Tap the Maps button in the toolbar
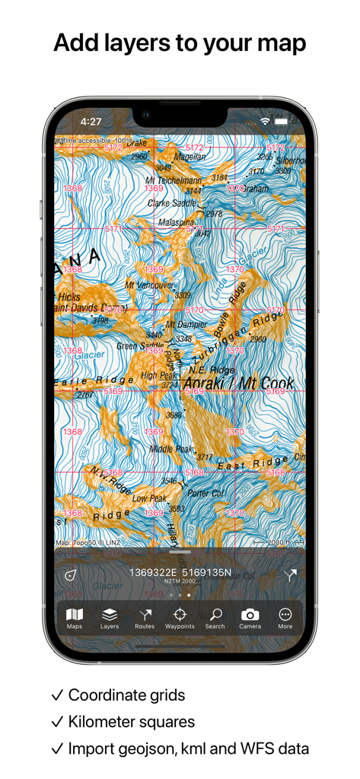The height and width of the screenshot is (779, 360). [x=75, y=617]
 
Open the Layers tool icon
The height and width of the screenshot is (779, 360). [x=110, y=617]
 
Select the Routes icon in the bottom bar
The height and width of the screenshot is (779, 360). [x=145, y=617]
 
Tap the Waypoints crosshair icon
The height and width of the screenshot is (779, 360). [x=180, y=617]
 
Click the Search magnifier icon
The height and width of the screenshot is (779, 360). [x=215, y=617]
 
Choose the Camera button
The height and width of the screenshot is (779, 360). [x=250, y=617]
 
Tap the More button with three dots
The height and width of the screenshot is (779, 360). [x=285, y=617]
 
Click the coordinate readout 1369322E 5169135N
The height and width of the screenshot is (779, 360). [x=180, y=572]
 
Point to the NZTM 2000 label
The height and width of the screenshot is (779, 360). [x=180, y=581]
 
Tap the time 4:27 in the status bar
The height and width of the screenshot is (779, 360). [x=91, y=121]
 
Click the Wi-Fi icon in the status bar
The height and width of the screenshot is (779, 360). [x=265, y=121]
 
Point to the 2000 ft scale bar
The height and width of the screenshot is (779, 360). [x=278, y=543]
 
